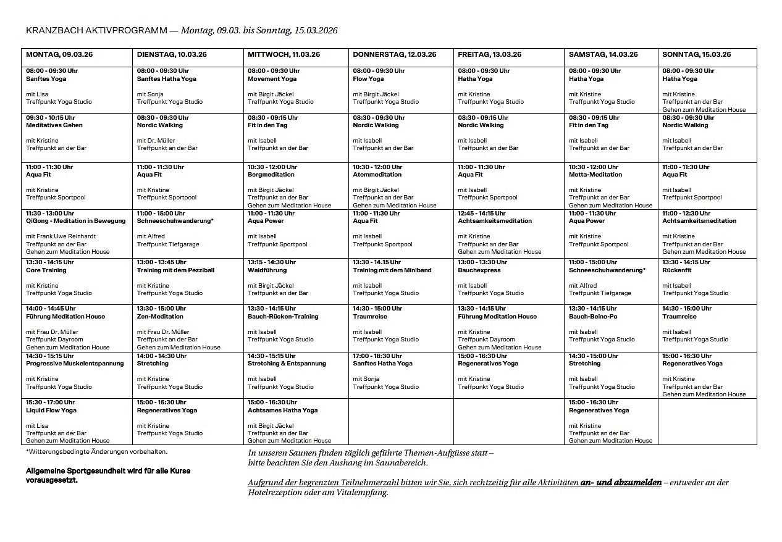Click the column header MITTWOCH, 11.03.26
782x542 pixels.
pos(284,54)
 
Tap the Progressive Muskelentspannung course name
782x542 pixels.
pos(75,364)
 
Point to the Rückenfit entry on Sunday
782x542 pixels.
pos(676,270)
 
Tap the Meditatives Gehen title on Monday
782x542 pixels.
pos(54,125)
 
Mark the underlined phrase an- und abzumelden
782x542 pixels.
pos(621,482)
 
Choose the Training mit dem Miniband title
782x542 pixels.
pos(392,270)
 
